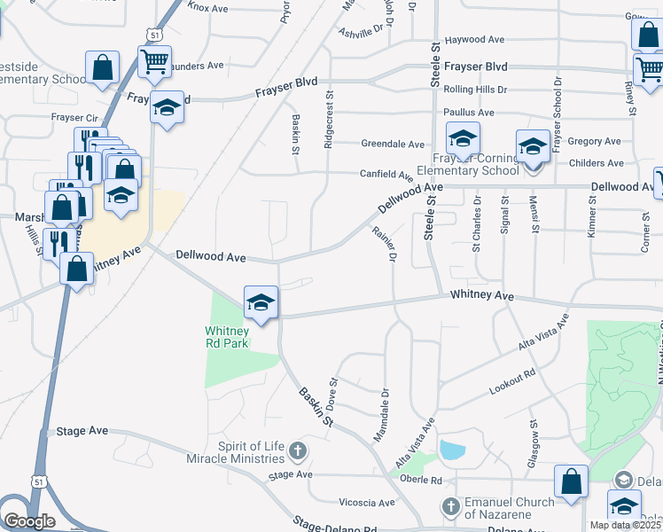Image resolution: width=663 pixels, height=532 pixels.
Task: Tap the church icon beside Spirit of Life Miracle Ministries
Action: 298,450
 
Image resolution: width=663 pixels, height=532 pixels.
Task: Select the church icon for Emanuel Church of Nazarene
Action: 451,506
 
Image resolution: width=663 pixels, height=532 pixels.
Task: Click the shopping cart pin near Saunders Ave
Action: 154,62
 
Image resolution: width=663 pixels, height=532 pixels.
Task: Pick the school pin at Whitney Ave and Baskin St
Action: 261,302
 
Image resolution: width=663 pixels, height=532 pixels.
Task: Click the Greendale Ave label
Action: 393,144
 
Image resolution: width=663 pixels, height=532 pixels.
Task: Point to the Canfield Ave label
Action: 387,176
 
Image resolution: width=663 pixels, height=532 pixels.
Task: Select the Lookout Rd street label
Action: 513,383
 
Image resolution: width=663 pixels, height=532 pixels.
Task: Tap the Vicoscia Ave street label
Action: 366,503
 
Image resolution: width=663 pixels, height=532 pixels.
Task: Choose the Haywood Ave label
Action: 474,40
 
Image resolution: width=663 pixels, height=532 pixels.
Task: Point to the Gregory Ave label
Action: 594,141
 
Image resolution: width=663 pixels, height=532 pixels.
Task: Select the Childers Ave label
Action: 597,163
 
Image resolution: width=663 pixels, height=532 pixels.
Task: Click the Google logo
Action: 29,520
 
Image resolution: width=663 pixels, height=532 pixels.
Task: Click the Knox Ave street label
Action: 208,8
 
